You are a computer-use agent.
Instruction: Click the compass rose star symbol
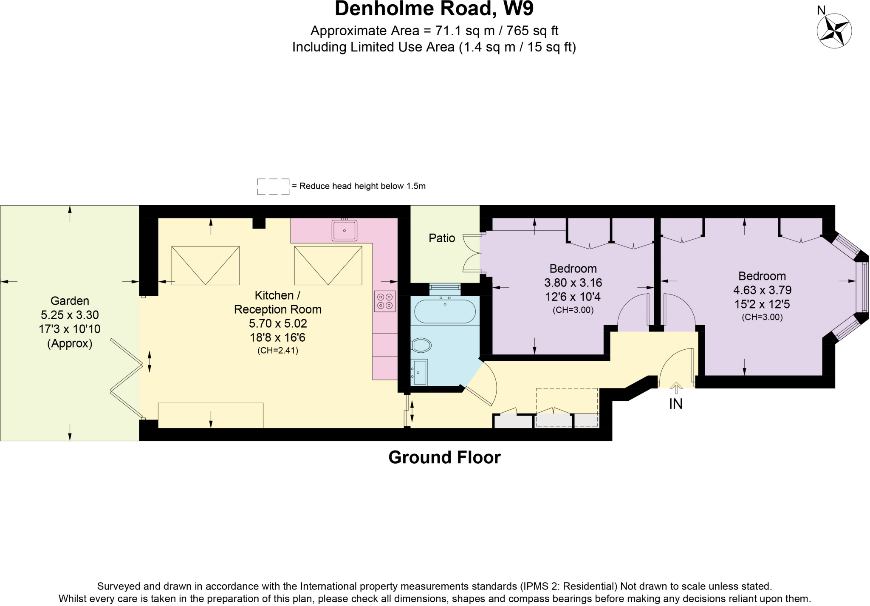[x=834, y=31]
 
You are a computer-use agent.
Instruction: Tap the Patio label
[x=442, y=238]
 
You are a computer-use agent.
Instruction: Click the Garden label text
[x=70, y=301]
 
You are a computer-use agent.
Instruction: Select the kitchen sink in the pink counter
[x=344, y=230]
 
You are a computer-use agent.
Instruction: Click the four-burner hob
[x=385, y=301]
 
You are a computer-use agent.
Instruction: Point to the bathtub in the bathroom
[x=445, y=312]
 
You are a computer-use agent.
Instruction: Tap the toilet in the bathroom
[x=421, y=345]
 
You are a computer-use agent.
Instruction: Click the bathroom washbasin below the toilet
[x=419, y=372]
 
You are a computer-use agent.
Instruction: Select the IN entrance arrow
[x=676, y=388]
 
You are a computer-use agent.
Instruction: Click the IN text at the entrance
[x=676, y=404]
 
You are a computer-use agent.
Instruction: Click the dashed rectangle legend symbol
[x=273, y=187]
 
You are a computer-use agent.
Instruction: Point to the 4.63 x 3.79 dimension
[x=762, y=290]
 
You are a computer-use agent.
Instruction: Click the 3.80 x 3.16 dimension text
[x=573, y=283]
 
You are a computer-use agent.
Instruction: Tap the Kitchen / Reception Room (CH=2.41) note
[x=278, y=351]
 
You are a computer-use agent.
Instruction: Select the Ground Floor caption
[x=444, y=458]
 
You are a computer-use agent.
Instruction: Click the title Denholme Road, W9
[x=434, y=9]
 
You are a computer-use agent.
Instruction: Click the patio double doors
[x=472, y=253]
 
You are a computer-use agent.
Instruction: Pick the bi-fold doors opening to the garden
[x=126, y=377]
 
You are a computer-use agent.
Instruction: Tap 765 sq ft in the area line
[x=532, y=31]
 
